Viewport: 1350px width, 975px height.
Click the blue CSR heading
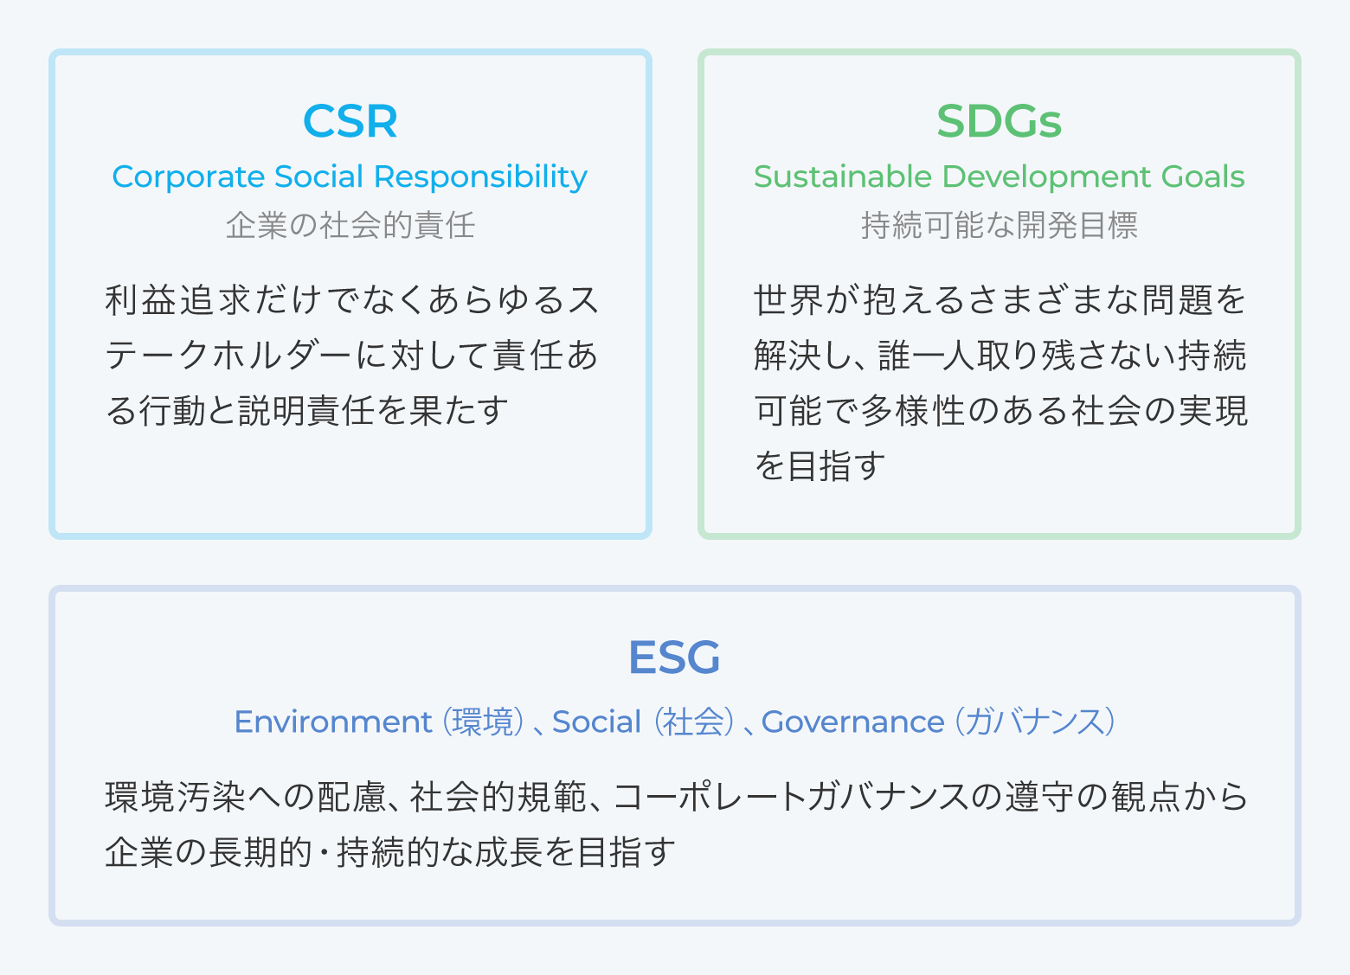(x=350, y=121)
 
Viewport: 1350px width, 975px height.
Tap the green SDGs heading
(x=999, y=121)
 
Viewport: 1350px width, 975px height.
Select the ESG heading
(x=674, y=657)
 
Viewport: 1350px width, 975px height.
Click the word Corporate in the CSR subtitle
(x=188, y=177)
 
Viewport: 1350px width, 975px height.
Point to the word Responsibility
(x=480, y=177)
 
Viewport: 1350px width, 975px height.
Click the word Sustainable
(x=843, y=176)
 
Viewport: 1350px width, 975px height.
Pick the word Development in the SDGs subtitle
(x=1046, y=177)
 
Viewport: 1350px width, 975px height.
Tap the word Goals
(x=1203, y=176)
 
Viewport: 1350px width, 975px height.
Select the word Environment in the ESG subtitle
(x=332, y=722)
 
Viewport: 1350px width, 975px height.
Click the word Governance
(x=852, y=722)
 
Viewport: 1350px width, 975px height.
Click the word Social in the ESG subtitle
(x=596, y=722)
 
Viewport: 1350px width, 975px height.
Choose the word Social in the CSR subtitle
(x=318, y=176)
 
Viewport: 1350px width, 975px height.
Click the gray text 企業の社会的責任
(x=350, y=226)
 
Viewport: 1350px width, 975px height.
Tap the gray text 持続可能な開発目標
(x=1000, y=226)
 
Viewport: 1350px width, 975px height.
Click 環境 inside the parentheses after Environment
(x=483, y=722)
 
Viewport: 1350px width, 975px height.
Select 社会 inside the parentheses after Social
(x=694, y=722)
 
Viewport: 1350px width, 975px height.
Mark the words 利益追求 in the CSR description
(x=177, y=299)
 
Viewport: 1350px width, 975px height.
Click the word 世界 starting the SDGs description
(x=788, y=299)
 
